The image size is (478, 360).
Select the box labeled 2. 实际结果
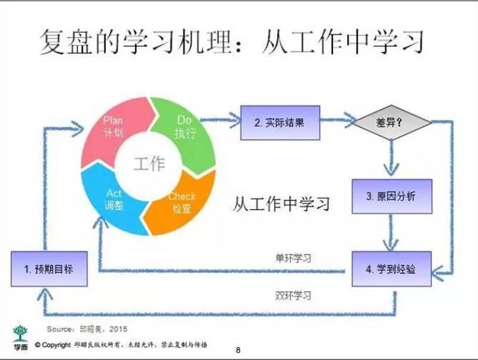280,123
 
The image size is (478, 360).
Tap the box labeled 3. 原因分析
392,197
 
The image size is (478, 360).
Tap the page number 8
238,350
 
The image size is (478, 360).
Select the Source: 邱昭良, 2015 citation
87,328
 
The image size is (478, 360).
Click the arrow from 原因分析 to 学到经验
392,233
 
